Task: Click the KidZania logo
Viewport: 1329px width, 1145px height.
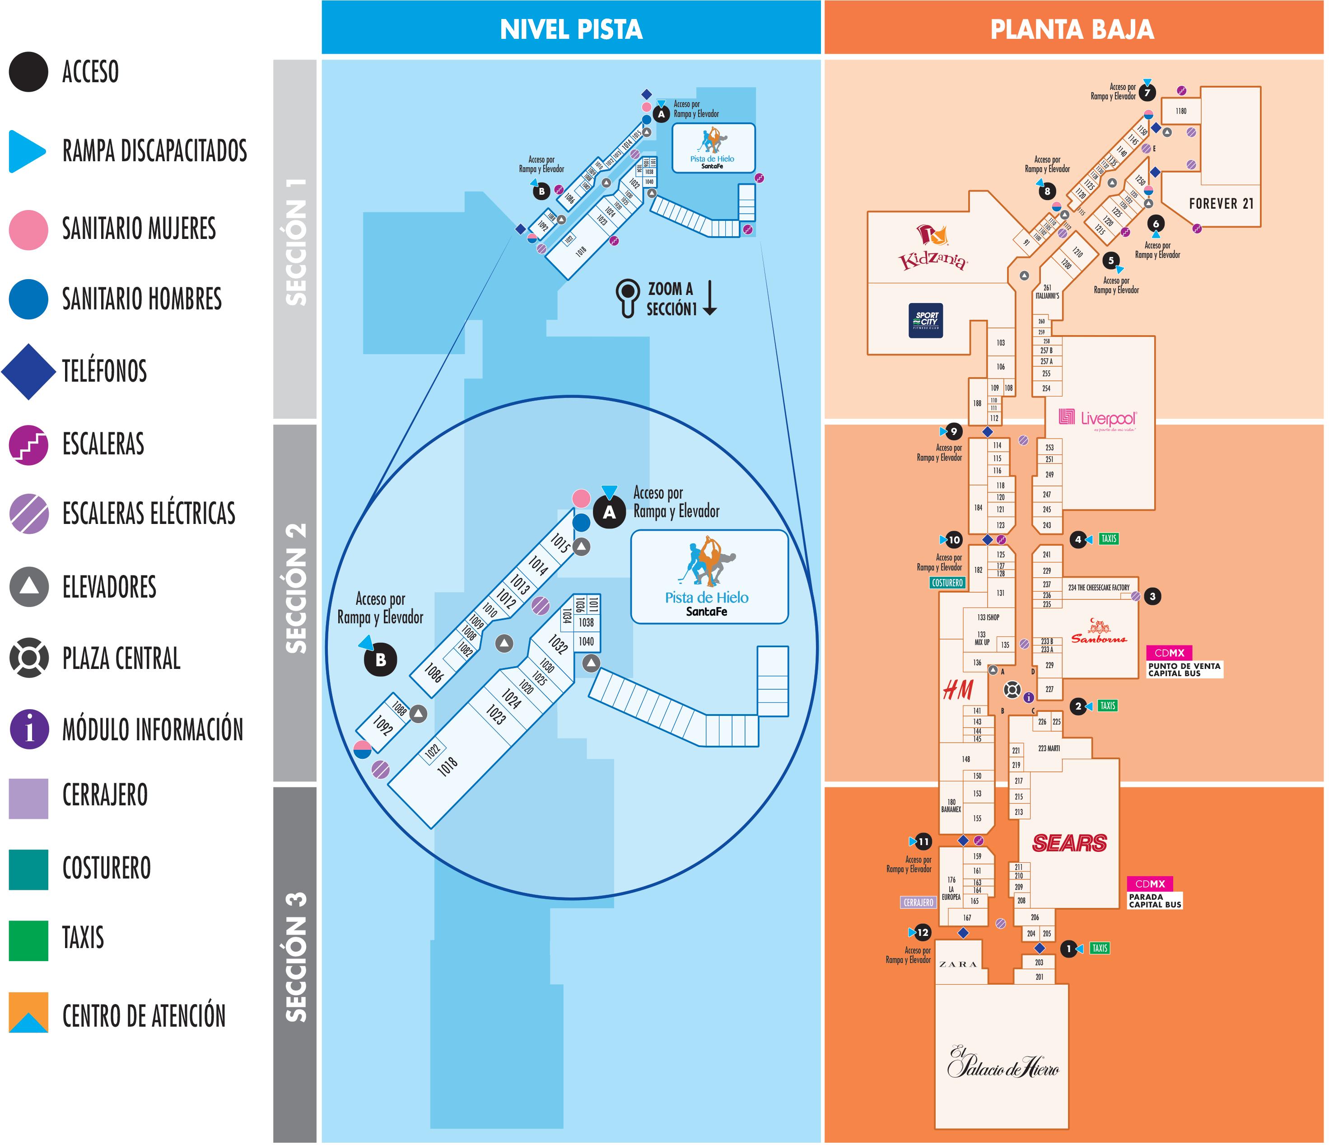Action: coord(933,249)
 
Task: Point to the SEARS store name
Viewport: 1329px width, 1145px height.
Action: coord(1069,843)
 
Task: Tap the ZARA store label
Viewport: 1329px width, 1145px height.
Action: coord(958,964)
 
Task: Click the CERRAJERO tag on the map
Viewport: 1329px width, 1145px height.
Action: coord(919,902)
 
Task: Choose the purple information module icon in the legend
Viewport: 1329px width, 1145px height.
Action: coord(29,729)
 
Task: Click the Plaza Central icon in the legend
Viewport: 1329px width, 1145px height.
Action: coord(29,658)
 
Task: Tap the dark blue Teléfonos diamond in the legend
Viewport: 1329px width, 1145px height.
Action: coord(29,371)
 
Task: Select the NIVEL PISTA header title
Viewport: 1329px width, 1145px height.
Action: coord(571,29)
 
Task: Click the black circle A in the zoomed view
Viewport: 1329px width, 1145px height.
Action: coord(609,513)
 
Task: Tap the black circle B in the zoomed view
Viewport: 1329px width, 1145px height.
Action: coord(380,659)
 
